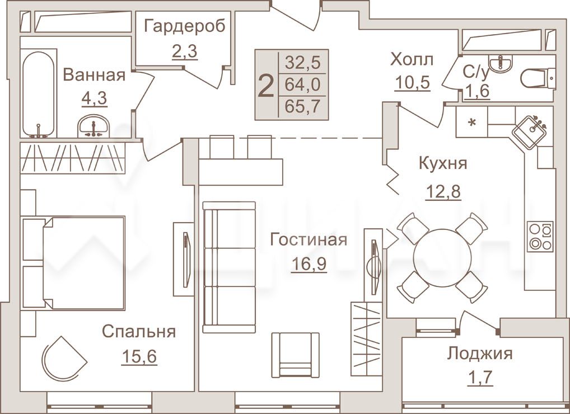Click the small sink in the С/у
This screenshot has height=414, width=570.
pos(501,64)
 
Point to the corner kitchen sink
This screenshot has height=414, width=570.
pos(529,131)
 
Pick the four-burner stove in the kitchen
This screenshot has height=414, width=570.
pos(540,237)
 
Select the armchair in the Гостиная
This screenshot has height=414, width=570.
pos(295,355)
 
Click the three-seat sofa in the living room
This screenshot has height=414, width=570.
pos(229,267)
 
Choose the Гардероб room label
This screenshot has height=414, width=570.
pos(185,26)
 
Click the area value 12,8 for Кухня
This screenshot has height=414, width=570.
pos(443,191)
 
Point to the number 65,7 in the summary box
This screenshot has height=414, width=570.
pos(302,106)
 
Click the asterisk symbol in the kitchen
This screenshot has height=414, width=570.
pos(472,123)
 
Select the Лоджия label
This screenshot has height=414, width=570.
pos(480,353)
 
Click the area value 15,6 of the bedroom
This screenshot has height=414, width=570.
pos(139,356)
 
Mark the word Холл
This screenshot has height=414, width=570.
pos(412,59)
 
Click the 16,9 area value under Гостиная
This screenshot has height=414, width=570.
pos(309,264)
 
